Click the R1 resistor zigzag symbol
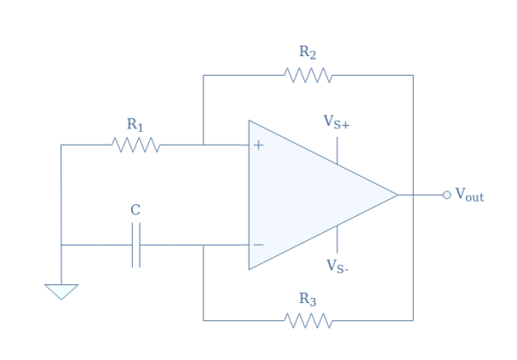pyautogui.click(x=136, y=145)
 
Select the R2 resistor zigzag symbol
pyautogui.click(x=308, y=76)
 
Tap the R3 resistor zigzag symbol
pyautogui.click(x=308, y=320)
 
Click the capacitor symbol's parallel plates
pyautogui.click(x=136, y=245)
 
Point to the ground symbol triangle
pyautogui.click(x=61, y=291)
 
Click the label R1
pyautogui.click(x=135, y=125)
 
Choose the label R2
pyautogui.click(x=308, y=53)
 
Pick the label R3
pyautogui.click(x=308, y=299)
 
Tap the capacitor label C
pyautogui.click(x=135, y=209)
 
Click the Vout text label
pyautogui.click(x=470, y=196)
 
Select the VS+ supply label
pyautogui.click(x=336, y=122)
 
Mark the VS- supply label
pyautogui.click(x=336, y=265)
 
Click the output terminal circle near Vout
pyautogui.click(x=446, y=195)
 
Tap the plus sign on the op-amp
pyautogui.click(x=258, y=145)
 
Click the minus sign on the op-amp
pyautogui.click(x=258, y=245)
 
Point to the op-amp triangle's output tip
pyautogui.click(x=397, y=195)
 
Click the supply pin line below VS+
pyautogui.click(x=337, y=150)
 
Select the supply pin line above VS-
pyautogui.click(x=337, y=239)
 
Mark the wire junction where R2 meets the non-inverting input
pyautogui.click(x=203, y=145)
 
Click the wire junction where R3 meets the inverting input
pyautogui.click(x=203, y=245)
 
